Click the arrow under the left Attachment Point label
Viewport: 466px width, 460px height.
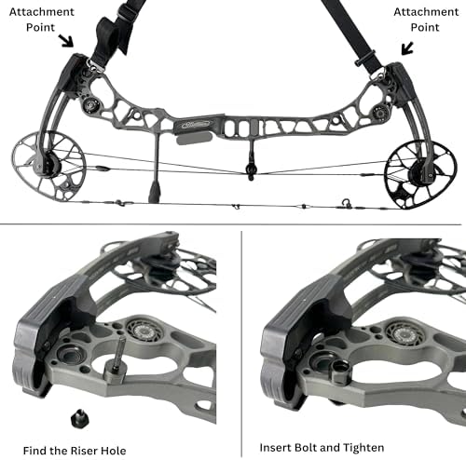66,41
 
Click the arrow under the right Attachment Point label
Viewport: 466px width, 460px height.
407,48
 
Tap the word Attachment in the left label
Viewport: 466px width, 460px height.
42,12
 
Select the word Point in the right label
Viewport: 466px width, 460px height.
425,27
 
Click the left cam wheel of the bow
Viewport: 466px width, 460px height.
49,167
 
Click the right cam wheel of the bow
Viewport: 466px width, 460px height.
420,174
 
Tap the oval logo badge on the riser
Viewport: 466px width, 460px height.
196,125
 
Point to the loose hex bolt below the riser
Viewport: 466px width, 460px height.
79,418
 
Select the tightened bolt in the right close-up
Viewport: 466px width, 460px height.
341,371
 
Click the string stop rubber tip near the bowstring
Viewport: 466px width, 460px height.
155,193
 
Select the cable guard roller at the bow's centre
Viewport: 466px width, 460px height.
251,170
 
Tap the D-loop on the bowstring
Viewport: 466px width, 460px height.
346,203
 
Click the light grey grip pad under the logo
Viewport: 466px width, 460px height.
194,138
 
